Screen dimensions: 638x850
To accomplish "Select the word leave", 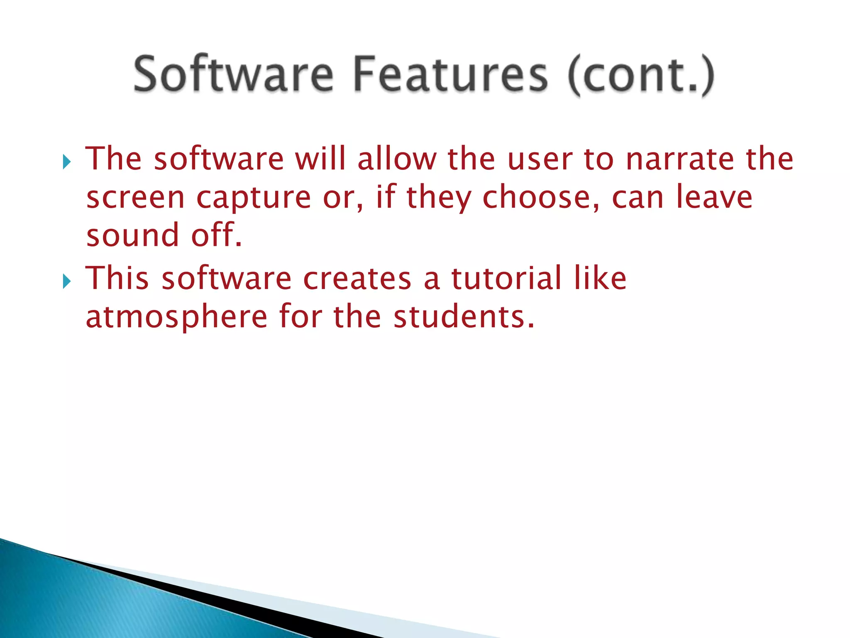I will click(714, 197).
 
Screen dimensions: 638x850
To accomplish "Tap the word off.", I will click(216, 235).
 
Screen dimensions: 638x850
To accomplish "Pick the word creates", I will click(357, 279).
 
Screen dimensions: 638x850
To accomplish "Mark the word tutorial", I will click(506, 278).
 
